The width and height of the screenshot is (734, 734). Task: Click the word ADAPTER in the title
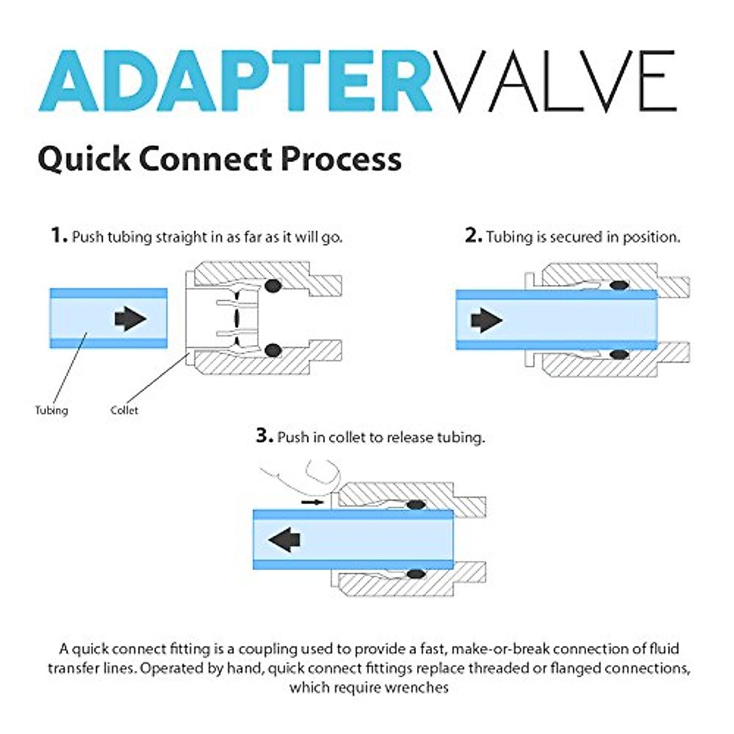coord(235,81)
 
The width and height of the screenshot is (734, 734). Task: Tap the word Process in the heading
coord(341,158)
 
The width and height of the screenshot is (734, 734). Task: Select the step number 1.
coord(57,235)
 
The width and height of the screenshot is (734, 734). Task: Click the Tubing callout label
coord(51,410)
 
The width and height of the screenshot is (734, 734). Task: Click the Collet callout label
coord(124,410)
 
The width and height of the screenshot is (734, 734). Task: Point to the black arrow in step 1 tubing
coord(130,319)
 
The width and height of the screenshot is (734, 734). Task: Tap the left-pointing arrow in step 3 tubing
coord(284,540)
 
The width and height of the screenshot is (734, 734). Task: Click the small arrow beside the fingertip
coord(312,502)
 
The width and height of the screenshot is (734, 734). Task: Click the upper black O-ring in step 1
coord(273,286)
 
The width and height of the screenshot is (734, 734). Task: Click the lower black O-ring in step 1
coord(273,350)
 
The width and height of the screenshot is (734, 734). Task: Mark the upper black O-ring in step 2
coord(620,285)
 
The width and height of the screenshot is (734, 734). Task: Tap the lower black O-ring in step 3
coord(416,574)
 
